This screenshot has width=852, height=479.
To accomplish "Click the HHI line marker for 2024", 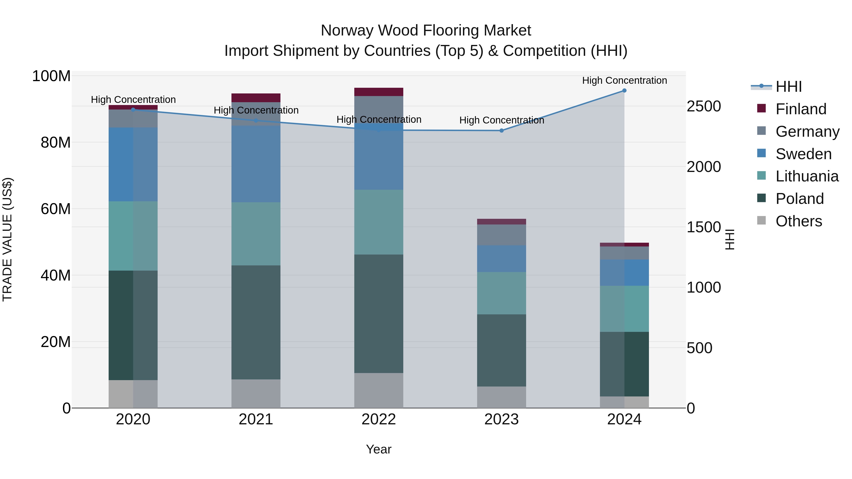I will point(624,91).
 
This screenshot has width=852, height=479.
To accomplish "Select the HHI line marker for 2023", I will point(501,131).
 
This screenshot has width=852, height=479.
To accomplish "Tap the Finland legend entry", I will point(800,109).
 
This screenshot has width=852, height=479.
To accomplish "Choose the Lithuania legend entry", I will point(807,176).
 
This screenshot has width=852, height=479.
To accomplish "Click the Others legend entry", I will point(799,221).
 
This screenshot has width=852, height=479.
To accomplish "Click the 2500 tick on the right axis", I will point(704,106).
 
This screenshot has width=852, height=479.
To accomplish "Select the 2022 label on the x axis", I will point(378,419).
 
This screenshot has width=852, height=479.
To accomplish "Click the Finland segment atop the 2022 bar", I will point(378,92).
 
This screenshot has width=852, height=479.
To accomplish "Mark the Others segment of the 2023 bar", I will point(501,397).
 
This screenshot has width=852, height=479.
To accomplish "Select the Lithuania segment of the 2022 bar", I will point(378,222).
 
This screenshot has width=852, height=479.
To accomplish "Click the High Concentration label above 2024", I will point(624,80).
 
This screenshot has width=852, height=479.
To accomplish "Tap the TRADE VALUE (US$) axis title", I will point(7,239).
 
